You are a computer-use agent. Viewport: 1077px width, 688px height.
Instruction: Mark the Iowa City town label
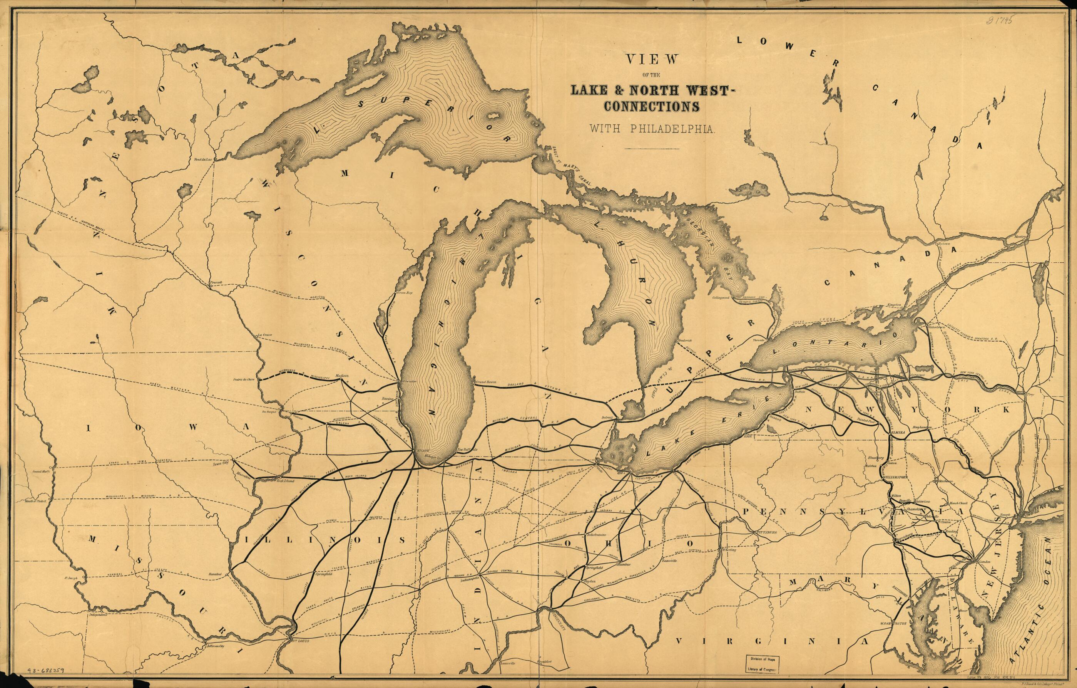point(220,465)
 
